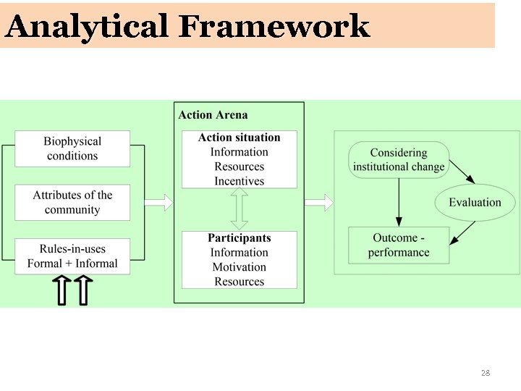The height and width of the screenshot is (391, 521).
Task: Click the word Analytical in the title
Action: point(87,27)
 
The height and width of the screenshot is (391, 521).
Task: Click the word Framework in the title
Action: point(274,27)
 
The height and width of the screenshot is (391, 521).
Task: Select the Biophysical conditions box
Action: point(72,148)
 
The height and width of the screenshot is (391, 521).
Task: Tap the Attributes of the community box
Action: point(72,203)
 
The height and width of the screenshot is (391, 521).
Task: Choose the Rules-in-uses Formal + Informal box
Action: point(72,256)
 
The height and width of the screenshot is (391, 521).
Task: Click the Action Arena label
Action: point(213,114)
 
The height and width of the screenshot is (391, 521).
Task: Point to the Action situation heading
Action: point(239,138)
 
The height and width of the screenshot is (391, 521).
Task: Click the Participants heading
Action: point(239,238)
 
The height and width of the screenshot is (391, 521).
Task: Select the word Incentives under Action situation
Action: point(239,181)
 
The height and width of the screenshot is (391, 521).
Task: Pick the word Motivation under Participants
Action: point(239,267)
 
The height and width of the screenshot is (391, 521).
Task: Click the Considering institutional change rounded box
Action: point(399,160)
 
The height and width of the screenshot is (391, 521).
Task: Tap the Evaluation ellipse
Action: point(475,203)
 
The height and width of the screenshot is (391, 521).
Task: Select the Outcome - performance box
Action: point(399,245)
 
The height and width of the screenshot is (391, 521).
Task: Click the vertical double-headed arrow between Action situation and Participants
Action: point(239,209)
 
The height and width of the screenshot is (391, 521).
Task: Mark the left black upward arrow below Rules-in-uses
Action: point(63,290)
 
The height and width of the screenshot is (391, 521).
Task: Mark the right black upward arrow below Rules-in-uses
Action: point(82,290)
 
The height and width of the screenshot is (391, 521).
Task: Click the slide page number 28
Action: point(485,373)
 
